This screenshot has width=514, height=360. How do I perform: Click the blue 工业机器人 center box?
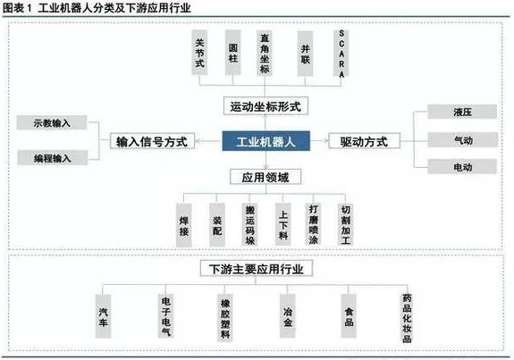point(265,141)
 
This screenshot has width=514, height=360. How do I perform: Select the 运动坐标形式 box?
point(265,106)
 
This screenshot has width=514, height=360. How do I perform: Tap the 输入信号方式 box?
point(152,141)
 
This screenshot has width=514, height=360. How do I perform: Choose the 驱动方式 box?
point(364,141)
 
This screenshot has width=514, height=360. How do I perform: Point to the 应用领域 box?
point(265,177)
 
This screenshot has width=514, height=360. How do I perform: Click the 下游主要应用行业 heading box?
point(257,269)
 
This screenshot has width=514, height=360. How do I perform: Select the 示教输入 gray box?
point(52,123)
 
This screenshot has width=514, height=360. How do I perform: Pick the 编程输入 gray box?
point(53,158)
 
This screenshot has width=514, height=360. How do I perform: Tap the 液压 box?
point(462,112)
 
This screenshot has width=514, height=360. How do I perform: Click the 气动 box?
point(462,140)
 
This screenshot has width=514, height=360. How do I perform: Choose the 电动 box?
point(462,167)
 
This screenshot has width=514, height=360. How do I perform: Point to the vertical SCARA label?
point(341,54)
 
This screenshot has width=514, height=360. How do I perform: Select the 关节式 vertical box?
point(199,53)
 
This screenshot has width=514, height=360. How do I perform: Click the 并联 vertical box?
point(305,54)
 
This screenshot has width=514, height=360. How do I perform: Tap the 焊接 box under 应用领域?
point(184,225)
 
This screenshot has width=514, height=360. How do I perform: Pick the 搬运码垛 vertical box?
point(250,225)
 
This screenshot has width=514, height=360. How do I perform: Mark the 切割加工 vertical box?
point(346,224)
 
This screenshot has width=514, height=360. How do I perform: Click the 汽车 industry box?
point(104,316)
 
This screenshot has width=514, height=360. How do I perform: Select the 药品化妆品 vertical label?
point(407,318)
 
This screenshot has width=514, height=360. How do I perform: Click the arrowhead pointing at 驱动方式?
point(326,140)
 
